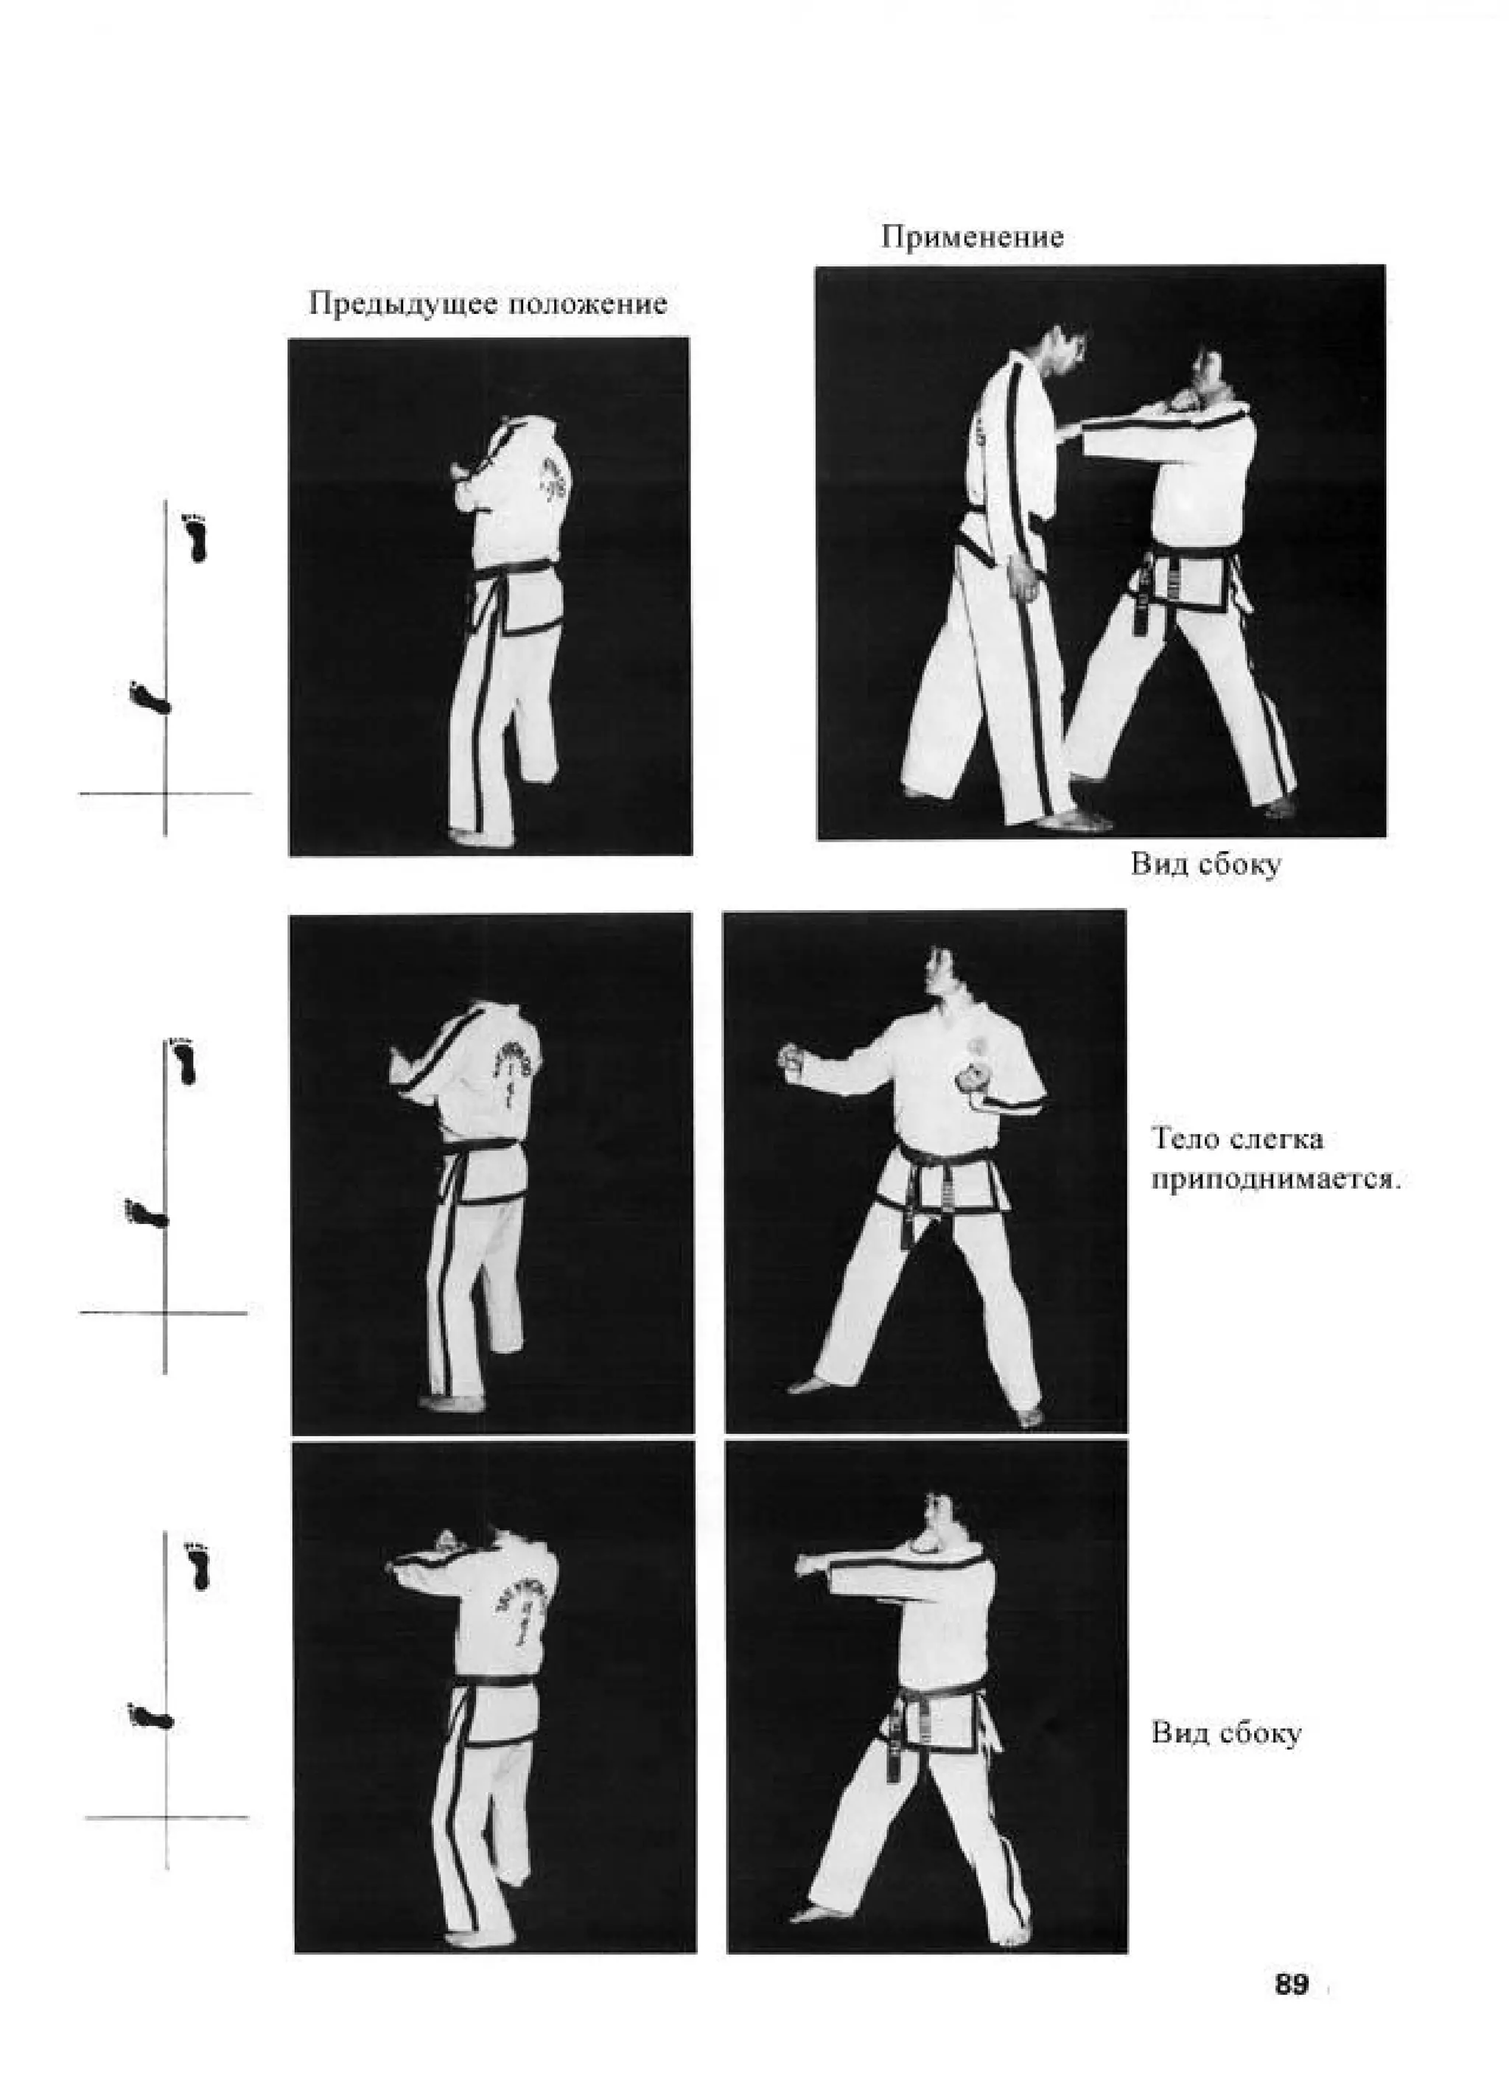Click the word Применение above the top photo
click(973, 237)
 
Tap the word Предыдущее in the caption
click(402, 304)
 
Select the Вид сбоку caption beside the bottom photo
click(1227, 1733)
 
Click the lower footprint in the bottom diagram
click(151, 1716)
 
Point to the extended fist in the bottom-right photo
click(809, 1564)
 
